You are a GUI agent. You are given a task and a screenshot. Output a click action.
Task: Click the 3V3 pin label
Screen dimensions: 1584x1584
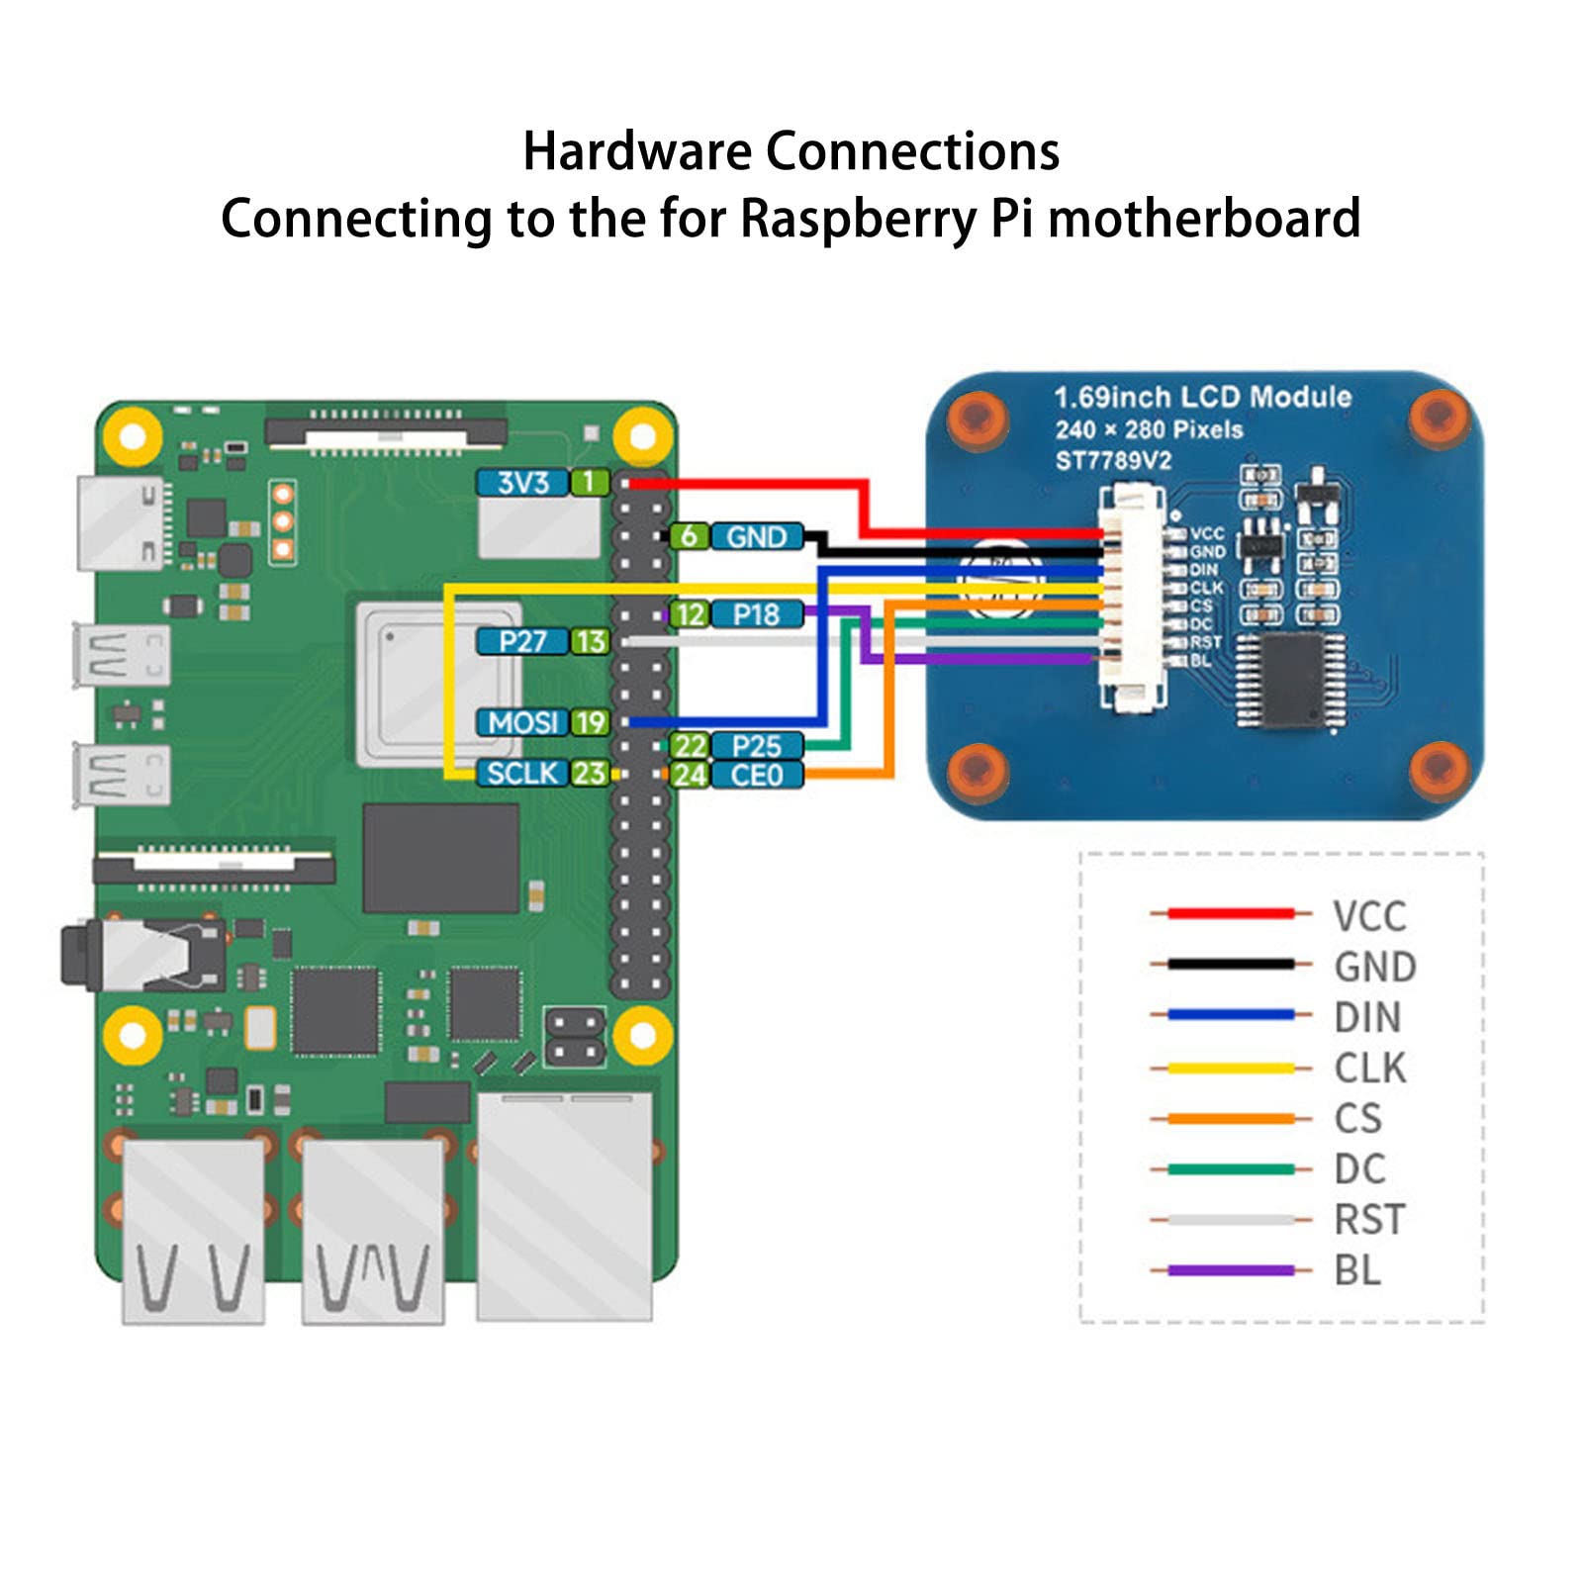pos(521,483)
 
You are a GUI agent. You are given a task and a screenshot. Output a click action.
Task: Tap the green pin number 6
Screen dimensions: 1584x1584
pos(689,536)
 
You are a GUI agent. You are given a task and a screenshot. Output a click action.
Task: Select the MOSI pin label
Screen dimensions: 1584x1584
pos(521,722)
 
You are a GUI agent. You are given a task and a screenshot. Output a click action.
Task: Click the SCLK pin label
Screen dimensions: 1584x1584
pos(521,773)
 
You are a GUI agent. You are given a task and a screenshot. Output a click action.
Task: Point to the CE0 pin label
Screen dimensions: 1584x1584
pos(756,775)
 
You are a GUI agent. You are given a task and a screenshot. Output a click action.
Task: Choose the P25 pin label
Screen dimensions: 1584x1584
pos(756,746)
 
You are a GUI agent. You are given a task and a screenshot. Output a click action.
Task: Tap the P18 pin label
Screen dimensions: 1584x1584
pos(756,614)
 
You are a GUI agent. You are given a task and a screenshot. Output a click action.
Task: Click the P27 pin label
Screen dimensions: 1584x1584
pos(521,641)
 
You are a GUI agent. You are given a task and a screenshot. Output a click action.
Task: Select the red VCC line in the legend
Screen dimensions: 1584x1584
pos(1231,913)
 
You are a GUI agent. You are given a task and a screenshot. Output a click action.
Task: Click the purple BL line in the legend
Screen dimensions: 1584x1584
pos(1231,1270)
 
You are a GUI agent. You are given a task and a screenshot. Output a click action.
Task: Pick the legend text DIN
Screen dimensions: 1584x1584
pos(1367,1017)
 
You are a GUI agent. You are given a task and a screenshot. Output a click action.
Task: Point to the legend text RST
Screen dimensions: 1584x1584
pos(1369,1220)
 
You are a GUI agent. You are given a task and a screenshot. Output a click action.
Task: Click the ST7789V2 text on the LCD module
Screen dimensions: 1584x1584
pos(1113,461)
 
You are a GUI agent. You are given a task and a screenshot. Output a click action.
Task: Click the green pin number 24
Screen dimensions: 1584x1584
pos(689,775)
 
